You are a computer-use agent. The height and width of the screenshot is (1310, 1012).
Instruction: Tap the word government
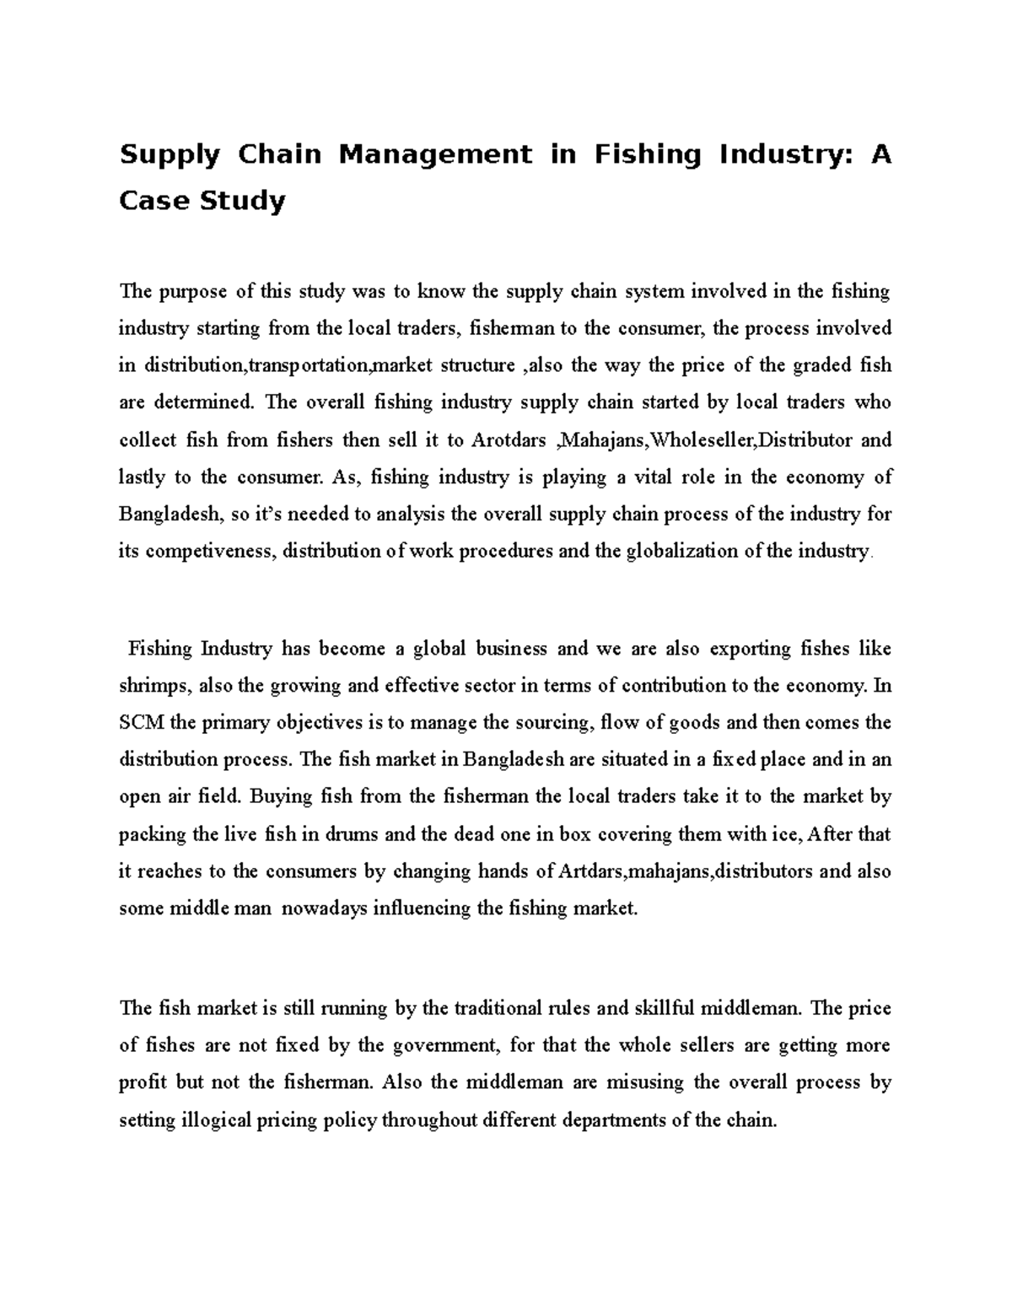(439, 1046)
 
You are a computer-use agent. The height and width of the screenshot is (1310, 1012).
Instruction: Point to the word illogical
(217, 1121)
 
